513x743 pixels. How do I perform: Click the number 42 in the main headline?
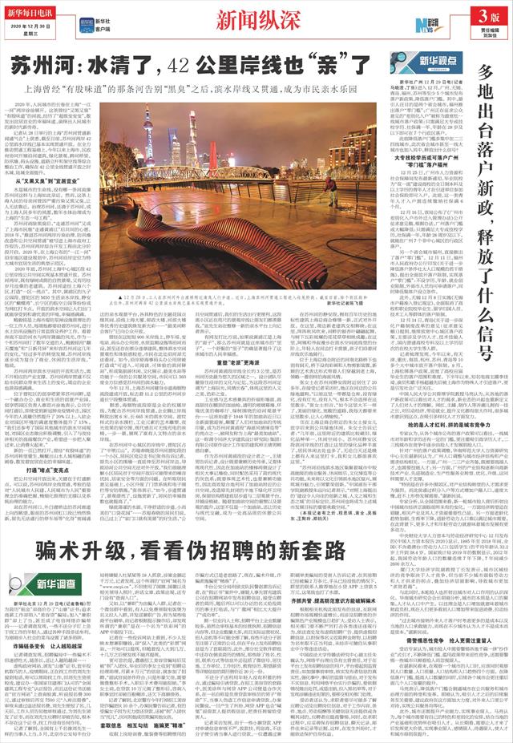pyautogui.click(x=190, y=64)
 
